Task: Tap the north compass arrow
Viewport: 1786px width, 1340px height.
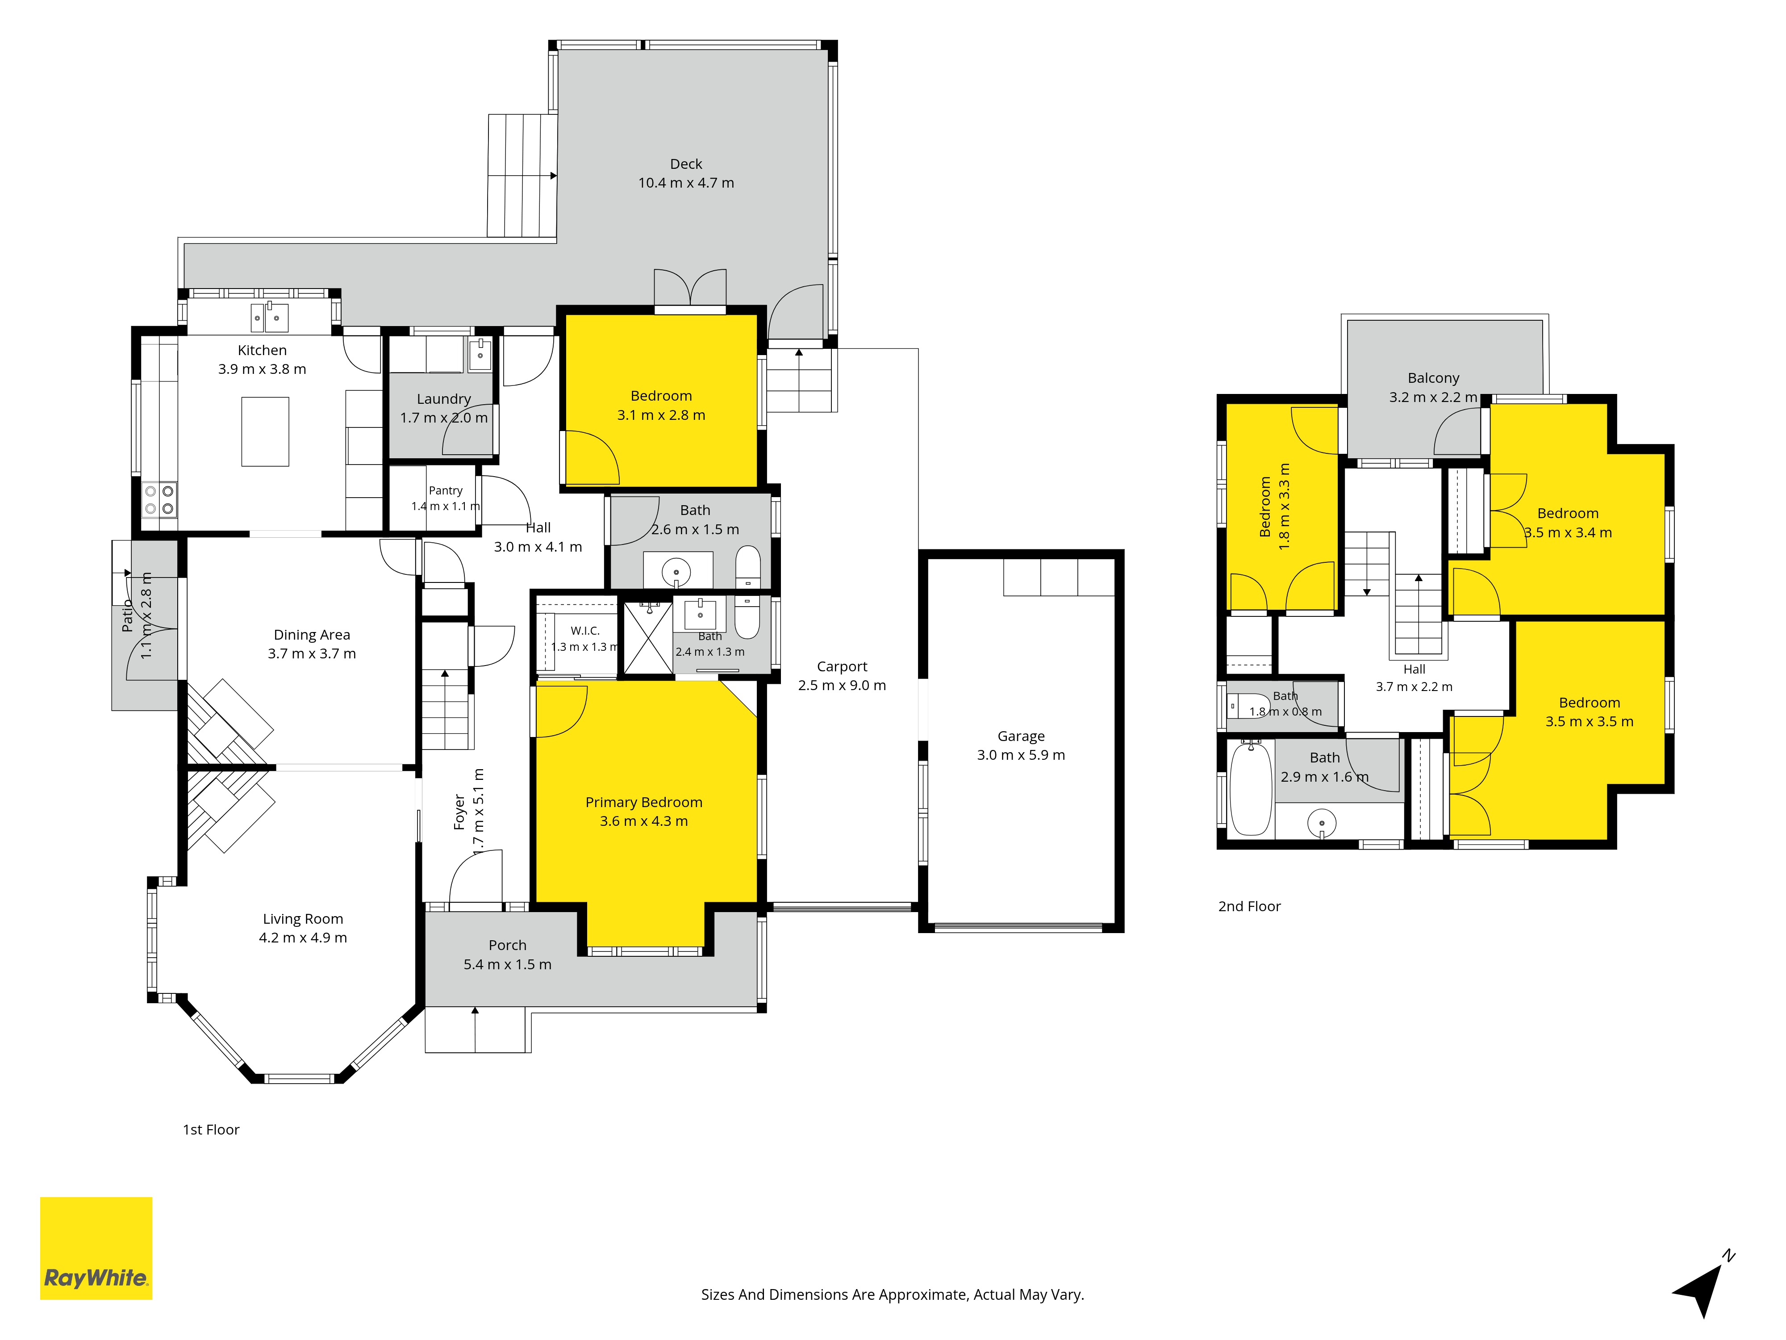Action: pos(1702,1287)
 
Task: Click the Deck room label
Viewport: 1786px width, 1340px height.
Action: pos(686,164)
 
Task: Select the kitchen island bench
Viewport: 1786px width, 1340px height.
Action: pos(265,431)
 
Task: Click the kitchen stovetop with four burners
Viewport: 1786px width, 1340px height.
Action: pos(159,499)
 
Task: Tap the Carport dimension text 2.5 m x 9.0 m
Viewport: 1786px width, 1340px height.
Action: pos(842,685)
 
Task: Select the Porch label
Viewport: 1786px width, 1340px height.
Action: pos(507,945)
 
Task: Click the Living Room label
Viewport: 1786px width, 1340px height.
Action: pos(303,919)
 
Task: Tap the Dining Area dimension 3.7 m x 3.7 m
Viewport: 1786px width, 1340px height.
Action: pos(312,653)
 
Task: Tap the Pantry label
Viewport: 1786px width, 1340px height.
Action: pos(446,490)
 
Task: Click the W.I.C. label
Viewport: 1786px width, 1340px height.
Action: pos(584,631)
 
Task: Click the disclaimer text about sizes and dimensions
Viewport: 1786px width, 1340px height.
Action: pos(892,1295)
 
